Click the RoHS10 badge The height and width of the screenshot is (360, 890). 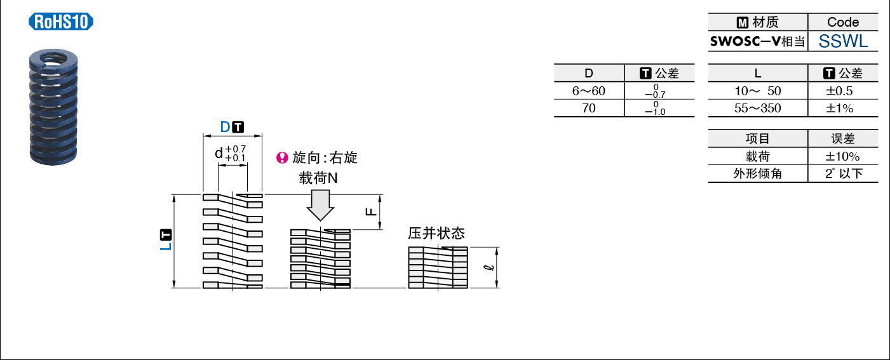tap(61, 22)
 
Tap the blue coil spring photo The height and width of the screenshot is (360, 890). tap(53, 107)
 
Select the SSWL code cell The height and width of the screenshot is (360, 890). tap(843, 41)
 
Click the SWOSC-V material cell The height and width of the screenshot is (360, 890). tap(758, 41)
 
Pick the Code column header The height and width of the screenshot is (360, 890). tap(843, 22)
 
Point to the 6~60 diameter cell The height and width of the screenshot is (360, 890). tap(589, 91)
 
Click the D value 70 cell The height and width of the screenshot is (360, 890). tap(589, 108)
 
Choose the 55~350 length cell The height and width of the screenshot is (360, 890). tap(758, 108)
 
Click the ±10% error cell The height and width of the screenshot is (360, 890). tap(842, 156)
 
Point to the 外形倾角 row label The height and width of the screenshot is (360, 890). tap(758, 173)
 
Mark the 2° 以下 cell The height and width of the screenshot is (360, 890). tap(844, 173)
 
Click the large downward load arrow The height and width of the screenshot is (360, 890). tap(320, 205)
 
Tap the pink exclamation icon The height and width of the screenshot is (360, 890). tap(282, 158)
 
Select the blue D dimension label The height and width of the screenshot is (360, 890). tap(225, 127)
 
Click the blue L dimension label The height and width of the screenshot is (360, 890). tap(166, 246)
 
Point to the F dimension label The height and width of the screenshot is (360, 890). tap(371, 211)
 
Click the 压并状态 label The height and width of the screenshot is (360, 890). tap(436, 233)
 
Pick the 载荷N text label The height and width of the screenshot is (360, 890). tap(318, 178)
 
